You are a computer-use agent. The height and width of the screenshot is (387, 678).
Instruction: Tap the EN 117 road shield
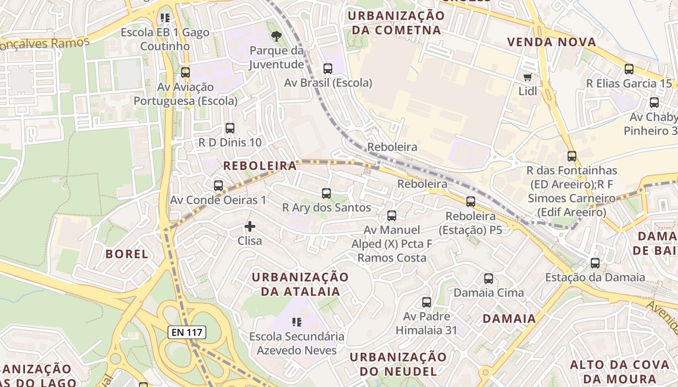(187, 332)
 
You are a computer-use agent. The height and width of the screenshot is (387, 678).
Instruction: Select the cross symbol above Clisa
(250, 226)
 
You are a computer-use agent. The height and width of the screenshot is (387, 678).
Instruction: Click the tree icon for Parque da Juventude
(277, 36)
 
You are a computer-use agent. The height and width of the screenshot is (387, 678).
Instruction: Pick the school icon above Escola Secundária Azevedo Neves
(297, 322)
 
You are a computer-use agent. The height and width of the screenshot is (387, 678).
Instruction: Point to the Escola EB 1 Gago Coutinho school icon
(165, 18)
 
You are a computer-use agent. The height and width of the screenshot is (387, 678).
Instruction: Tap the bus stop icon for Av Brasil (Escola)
(328, 69)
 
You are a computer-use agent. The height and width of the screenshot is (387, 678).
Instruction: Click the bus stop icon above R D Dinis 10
(230, 128)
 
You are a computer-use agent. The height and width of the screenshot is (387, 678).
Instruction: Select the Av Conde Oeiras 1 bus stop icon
(218, 186)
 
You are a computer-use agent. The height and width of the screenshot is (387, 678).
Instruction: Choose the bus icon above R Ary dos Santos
(326, 193)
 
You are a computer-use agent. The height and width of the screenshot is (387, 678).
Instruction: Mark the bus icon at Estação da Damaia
(595, 263)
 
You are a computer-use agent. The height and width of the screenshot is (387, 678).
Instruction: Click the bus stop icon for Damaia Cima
(489, 279)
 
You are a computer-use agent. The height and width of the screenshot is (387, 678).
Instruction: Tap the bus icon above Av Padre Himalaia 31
(427, 302)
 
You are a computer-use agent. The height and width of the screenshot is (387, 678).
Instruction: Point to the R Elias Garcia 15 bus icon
(629, 69)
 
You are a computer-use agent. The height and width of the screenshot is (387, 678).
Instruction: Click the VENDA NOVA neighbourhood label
(552, 42)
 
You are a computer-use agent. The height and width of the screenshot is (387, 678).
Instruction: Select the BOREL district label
(127, 254)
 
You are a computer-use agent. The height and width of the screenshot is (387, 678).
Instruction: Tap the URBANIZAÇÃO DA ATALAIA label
(300, 284)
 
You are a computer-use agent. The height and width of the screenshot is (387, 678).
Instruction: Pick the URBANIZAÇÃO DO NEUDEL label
(398, 364)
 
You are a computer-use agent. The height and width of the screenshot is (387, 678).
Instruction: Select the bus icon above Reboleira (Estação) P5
(471, 202)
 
